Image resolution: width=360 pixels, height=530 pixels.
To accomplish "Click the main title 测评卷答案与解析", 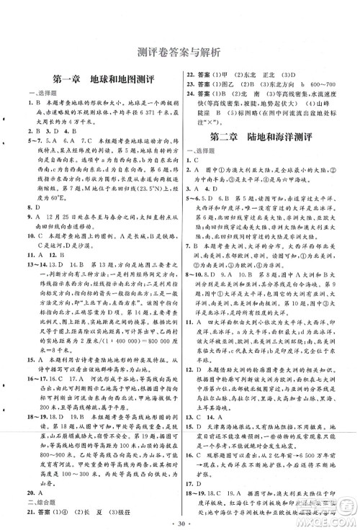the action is coord(181,52).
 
